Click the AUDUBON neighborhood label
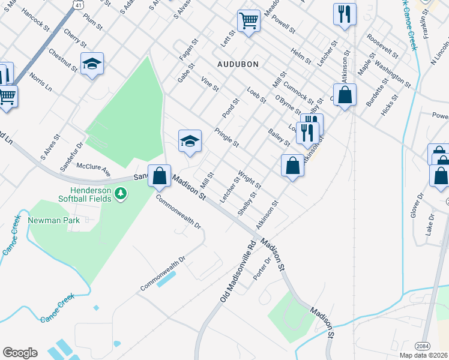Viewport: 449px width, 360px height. [238, 64]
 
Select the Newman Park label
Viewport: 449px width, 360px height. [56, 220]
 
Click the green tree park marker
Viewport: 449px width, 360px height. [121, 193]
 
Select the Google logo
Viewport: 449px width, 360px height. [20, 353]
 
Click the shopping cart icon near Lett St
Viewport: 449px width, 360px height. [249, 21]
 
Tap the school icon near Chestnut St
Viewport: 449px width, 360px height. [92, 63]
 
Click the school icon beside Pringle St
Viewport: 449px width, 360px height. [190, 140]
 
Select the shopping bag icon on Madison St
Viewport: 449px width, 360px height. [159, 176]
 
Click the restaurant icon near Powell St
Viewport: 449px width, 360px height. [345, 14]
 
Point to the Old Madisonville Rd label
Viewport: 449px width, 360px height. [236, 271]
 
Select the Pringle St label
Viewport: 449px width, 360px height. [227, 137]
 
